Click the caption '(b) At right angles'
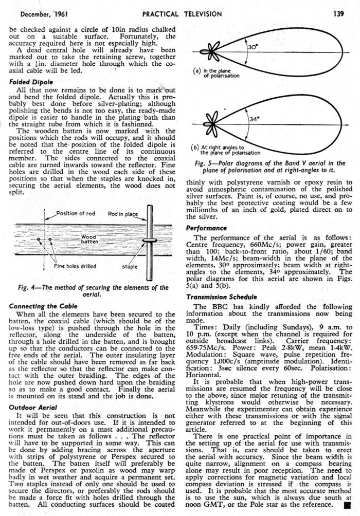point(226,150)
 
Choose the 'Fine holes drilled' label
point(75,266)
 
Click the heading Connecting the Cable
point(42,306)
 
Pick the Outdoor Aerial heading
point(32,407)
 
